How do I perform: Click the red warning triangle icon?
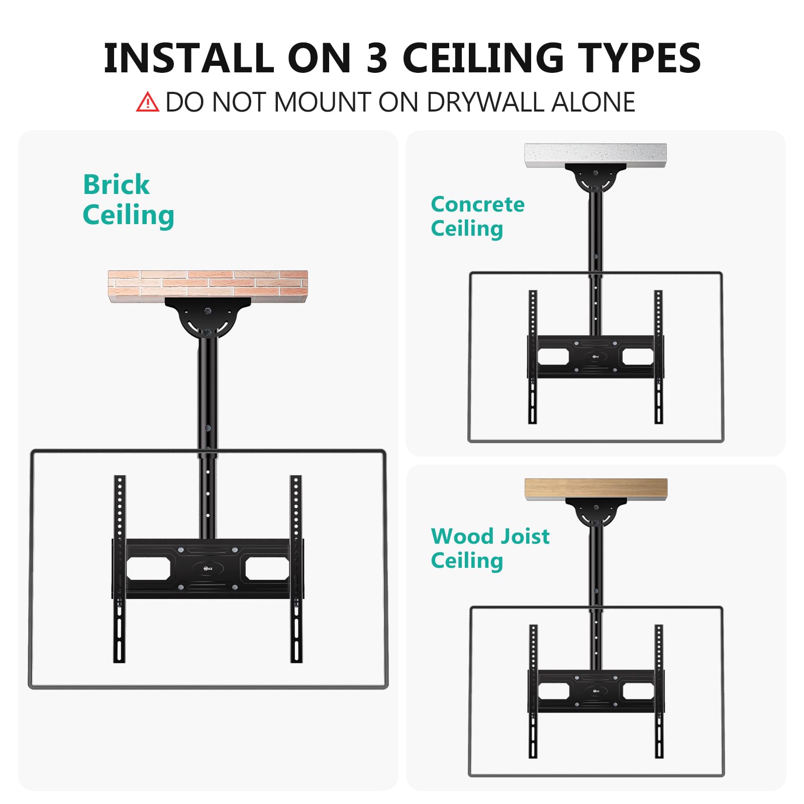[147, 102]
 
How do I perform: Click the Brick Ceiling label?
[128, 199]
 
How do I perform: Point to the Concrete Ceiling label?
[477, 216]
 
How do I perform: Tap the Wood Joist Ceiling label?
[489, 548]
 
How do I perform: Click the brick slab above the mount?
[208, 285]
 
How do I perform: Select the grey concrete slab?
[595, 155]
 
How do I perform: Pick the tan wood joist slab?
[596, 489]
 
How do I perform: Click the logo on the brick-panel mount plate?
[208, 568]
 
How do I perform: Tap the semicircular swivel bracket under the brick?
[208, 319]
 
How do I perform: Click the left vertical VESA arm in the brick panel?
[119, 568]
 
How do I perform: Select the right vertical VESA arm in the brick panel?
[296, 568]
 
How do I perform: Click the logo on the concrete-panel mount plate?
[595, 356]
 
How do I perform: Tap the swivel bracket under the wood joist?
[596, 513]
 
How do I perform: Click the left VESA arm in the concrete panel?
[533, 357]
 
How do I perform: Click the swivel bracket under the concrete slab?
[595, 178]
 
